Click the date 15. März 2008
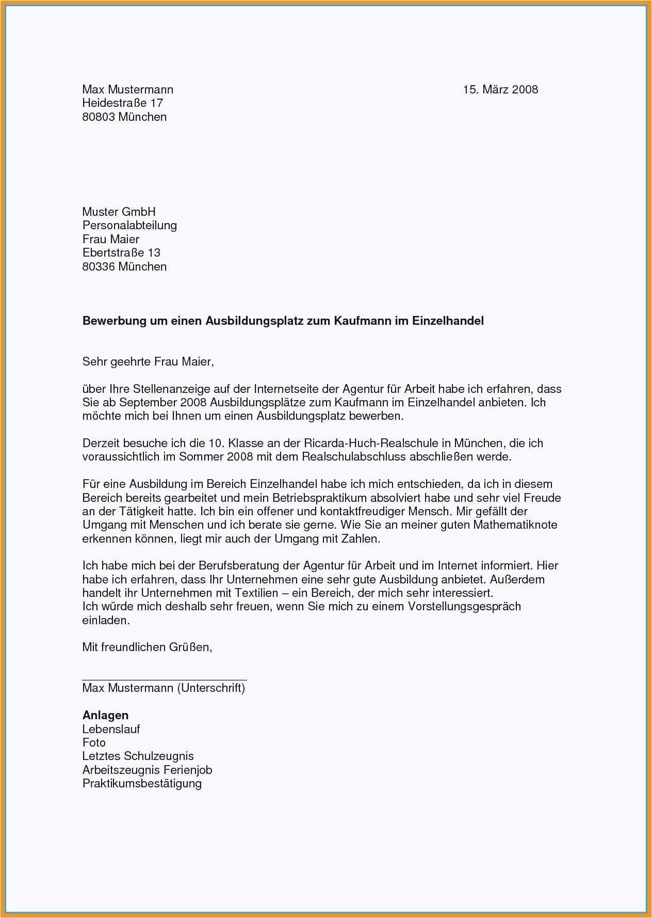[x=500, y=90]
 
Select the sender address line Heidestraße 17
[x=123, y=103]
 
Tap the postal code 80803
[x=99, y=117]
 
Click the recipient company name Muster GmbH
[x=119, y=212]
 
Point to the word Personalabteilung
[x=129, y=225]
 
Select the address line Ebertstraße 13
[x=121, y=253]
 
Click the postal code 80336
[x=99, y=267]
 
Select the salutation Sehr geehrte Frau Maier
[x=148, y=361]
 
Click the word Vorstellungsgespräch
[x=464, y=606]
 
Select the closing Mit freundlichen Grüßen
[x=147, y=647]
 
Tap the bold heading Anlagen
[x=105, y=716]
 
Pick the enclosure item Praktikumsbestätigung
[x=142, y=784]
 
